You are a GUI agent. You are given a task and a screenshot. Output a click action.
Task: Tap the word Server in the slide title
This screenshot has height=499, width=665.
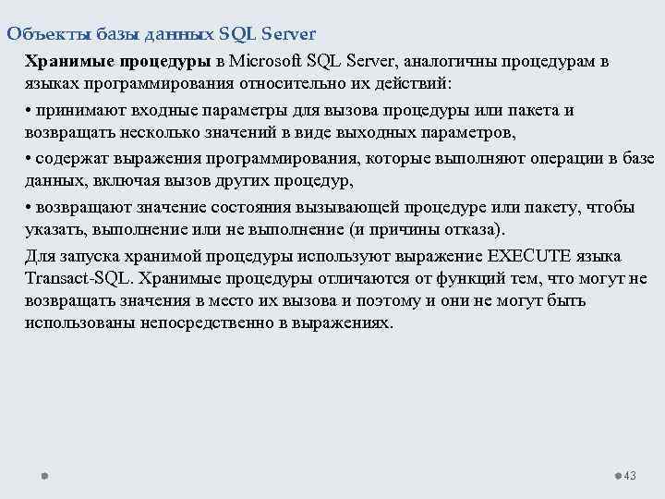(289, 34)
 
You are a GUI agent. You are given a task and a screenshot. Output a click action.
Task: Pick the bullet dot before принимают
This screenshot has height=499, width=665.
(30, 111)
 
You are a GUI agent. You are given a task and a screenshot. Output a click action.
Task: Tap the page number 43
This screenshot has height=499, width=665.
(631, 476)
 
